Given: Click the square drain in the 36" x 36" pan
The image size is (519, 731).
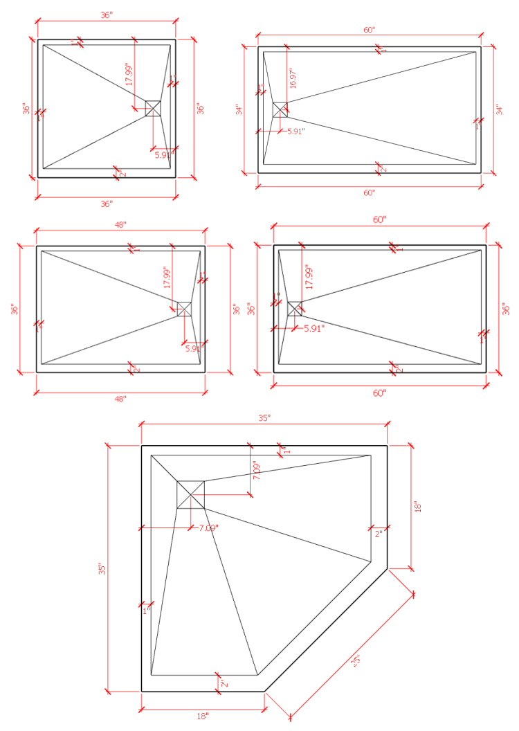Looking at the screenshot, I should tap(153, 108).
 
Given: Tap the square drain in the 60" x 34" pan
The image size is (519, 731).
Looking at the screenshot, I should tap(280, 109).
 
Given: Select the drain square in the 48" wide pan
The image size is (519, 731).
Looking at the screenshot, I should tap(184, 309).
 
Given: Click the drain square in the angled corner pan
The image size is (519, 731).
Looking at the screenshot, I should tap(190, 494).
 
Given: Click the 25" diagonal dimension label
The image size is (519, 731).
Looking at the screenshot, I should tap(356, 660).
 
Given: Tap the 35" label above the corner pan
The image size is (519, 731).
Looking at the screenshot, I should tap(264, 418).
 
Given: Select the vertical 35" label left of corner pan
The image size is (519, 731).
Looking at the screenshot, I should tap(102, 569).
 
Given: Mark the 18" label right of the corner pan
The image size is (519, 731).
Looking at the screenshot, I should tap(416, 507).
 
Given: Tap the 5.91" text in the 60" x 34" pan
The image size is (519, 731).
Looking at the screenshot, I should tap(295, 131).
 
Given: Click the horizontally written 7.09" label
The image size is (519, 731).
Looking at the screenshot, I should tap(208, 528).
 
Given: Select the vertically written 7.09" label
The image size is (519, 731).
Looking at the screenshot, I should tap(255, 471).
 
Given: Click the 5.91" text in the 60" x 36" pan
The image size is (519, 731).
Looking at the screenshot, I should tap(314, 328).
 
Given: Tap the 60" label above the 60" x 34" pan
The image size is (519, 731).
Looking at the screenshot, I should tap(369, 30).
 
